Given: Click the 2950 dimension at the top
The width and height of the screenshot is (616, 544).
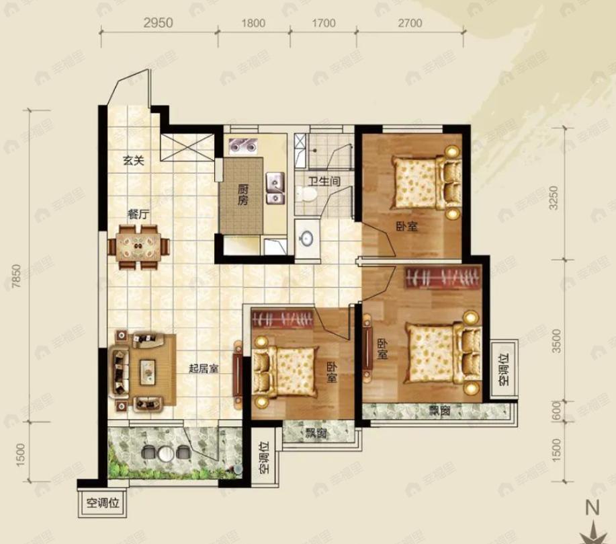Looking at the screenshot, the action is [x=158, y=23].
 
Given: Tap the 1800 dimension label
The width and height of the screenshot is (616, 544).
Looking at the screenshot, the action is [x=253, y=24].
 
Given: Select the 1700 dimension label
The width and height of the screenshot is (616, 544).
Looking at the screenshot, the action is [x=324, y=24].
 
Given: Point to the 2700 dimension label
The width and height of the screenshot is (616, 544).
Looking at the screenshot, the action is [x=410, y=24].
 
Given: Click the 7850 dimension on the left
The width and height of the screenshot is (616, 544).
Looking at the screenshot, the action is [x=15, y=276].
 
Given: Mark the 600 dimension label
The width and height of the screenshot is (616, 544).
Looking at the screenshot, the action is [x=556, y=411].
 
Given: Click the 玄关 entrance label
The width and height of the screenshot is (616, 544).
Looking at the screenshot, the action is [x=134, y=161].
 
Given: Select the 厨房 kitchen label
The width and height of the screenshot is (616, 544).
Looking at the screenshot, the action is [x=243, y=195].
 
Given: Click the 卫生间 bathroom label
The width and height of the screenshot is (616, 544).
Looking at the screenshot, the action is [x=324, y=182].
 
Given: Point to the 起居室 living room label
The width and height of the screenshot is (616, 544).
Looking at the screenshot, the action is [x=204, y=368].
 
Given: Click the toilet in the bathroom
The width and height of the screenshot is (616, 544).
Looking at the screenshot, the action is [x=307, y=193].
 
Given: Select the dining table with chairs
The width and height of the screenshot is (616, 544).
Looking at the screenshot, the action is [x=139, y=247].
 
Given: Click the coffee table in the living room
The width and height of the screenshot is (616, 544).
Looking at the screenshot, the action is [x=147, y=371].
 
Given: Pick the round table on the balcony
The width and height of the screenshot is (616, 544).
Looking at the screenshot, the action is [x=166, y=453].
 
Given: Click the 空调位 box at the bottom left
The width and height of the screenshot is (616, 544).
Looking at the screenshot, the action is [x=103, y=502].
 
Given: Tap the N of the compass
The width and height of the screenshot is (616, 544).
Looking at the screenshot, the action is [x=592, y=508].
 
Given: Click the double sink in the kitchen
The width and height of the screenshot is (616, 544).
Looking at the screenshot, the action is [x=276, y=188].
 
